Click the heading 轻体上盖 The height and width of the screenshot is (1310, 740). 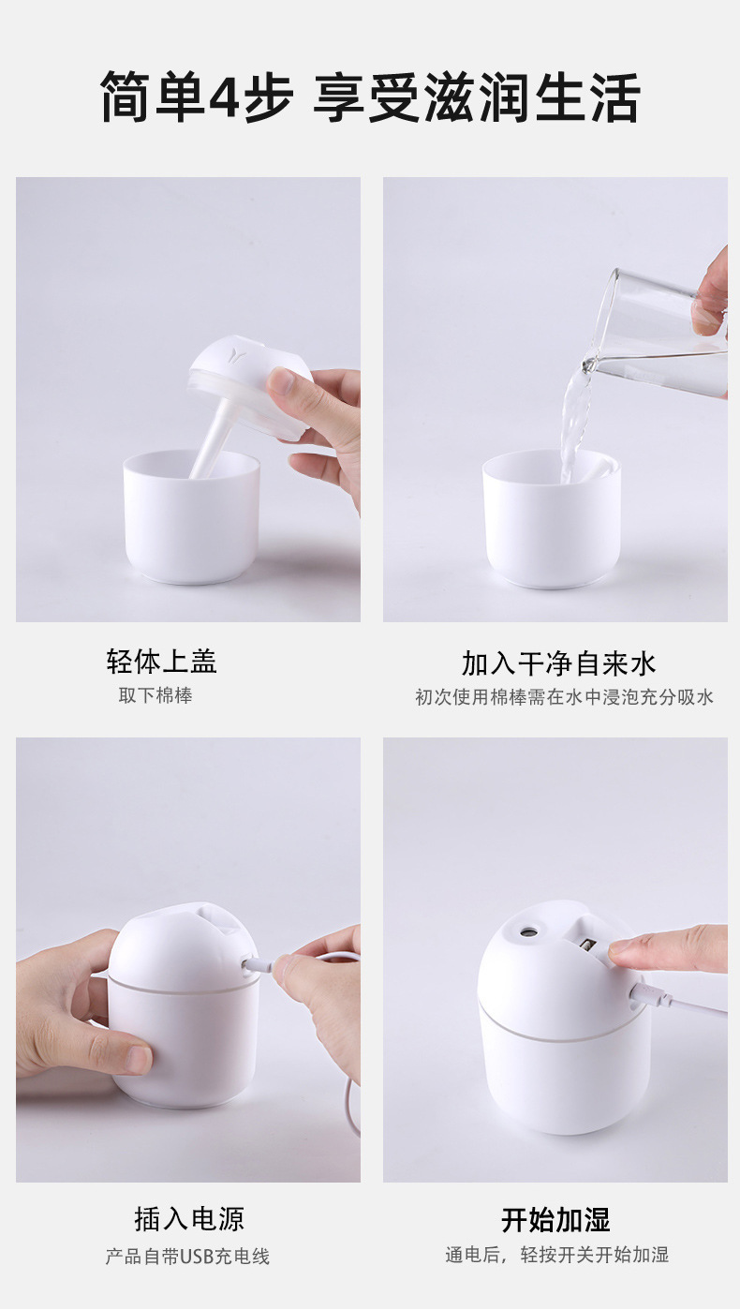click(x=161, y=662)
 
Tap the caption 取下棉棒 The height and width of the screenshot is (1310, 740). click(x=155, y=696)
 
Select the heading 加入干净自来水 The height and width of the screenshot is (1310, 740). click(x=558, y=663)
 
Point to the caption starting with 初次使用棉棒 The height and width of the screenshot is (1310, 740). click(x=564, y=697)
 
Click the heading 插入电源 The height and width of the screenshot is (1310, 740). click(x=189, y=1219)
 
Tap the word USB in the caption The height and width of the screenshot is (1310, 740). click(x=198, y=1257)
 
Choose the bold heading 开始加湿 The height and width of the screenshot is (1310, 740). click(x=555, y=1220)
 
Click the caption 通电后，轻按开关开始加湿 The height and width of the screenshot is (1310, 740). click(x=556, y=1255)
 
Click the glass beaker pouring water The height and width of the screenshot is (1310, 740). click(x=661, y=333)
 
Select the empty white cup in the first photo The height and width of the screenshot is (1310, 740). click(x=191, y=520)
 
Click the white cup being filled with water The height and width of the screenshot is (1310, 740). click(x=552, y=525)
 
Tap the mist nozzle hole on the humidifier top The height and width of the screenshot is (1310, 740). click(x=529, y=931)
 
